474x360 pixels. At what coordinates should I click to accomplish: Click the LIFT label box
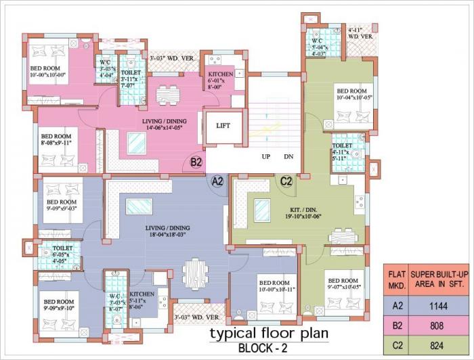[x=223, y=125]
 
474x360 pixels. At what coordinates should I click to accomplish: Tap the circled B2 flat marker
[x=196, y=162]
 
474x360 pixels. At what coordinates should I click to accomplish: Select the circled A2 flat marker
[x=217, y=181]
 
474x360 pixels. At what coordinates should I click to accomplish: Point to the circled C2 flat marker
[x=286, y=181]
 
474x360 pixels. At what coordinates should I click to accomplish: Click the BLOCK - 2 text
[x=268, y=348]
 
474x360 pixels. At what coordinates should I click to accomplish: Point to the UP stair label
[x=266, y=157]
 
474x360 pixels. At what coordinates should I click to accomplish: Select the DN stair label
[x=288, y=157]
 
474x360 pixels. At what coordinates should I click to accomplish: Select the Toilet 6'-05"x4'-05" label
[x=65, y=252]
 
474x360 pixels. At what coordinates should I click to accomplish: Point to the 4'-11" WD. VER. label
[x=360, y=33]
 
